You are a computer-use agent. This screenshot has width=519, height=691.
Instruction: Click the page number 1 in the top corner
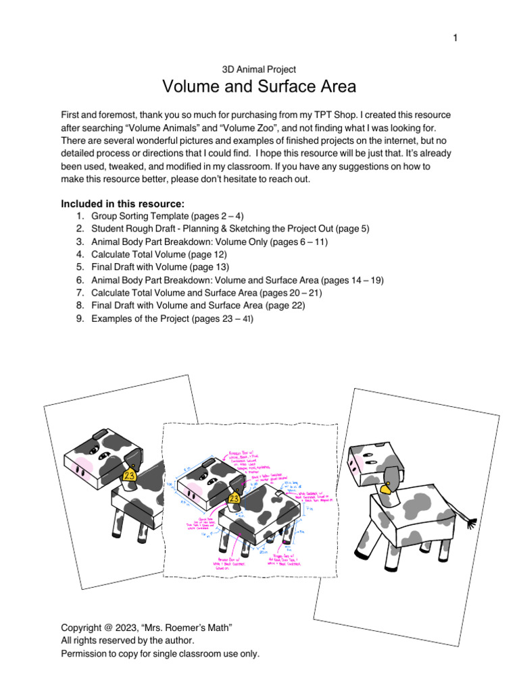point(455,38)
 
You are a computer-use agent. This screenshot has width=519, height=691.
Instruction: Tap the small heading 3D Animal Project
point(259,69)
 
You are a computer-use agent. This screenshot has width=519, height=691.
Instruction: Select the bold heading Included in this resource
point(122,203)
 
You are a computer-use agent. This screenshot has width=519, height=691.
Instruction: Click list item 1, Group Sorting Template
point(139,216)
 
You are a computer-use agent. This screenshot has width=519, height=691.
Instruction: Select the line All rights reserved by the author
point(127,641)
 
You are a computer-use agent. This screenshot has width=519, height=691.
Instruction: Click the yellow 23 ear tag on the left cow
point(128,475)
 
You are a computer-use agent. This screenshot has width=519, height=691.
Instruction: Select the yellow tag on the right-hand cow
point(388,489)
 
